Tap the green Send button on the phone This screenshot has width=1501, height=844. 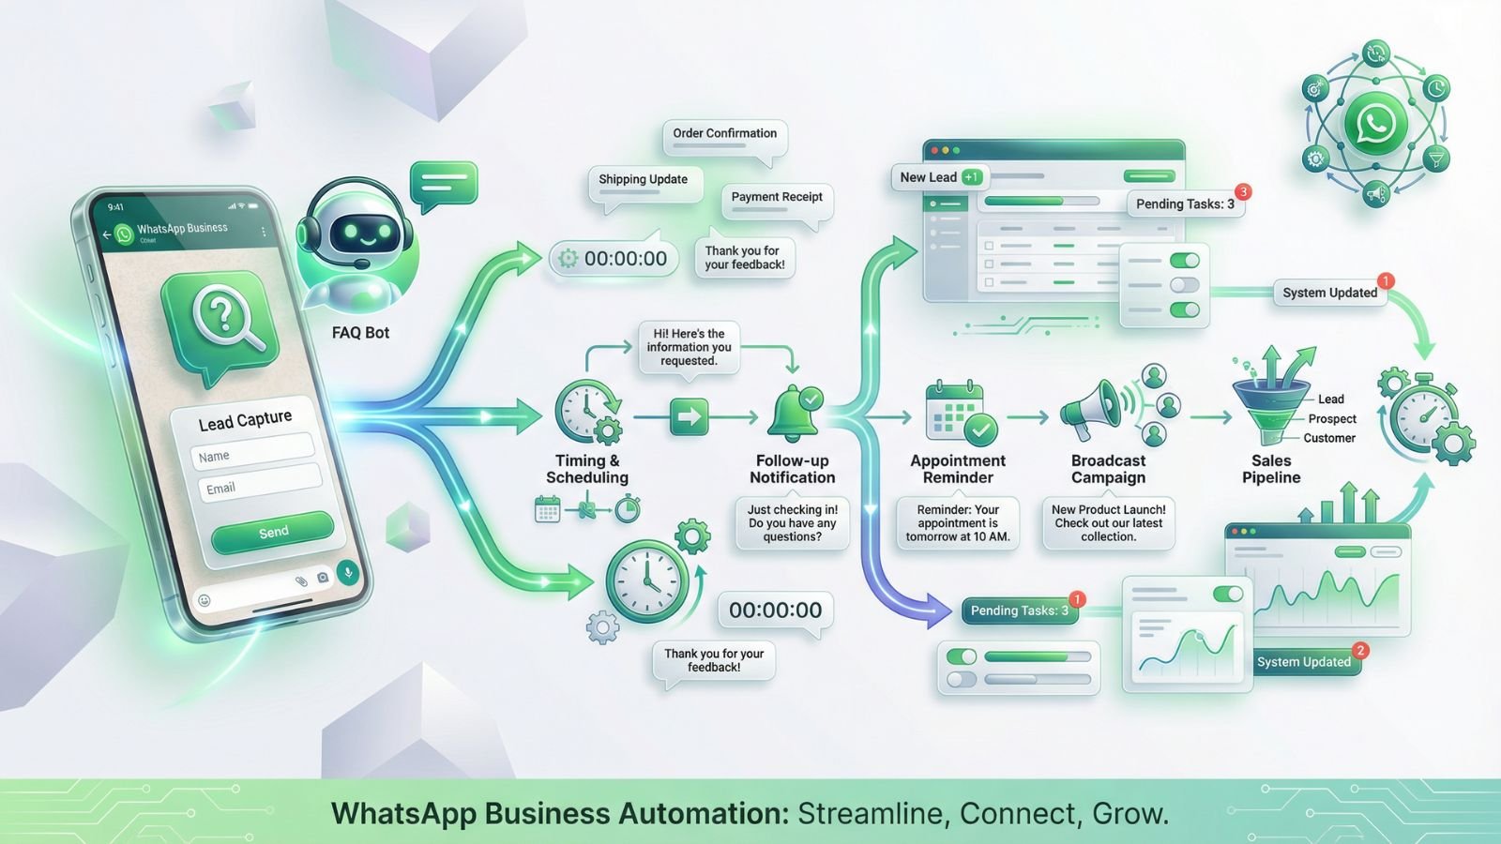point(272,532)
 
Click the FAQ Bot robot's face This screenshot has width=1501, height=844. point(360,231)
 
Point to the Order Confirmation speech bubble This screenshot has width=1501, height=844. point(724,134)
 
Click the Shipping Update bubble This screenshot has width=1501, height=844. point(644,180)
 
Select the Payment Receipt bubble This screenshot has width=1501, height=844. point(776,198)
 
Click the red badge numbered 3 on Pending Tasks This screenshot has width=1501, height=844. point(1243,192)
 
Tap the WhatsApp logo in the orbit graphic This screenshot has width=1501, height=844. point(1375,124)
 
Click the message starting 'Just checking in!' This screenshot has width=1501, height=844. point(792,523)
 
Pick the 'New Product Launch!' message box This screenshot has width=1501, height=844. point(1108,523)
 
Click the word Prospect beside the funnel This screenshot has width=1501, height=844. point(1332,419)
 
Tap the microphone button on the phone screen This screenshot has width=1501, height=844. point(348,572)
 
